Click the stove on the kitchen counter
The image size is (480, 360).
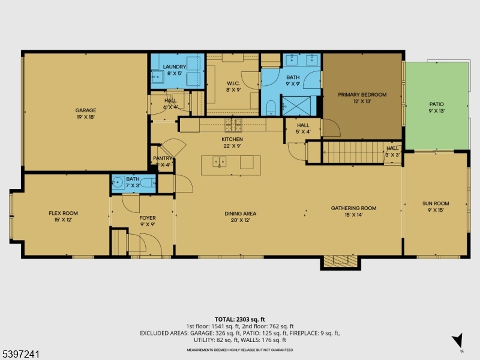coord(232,125)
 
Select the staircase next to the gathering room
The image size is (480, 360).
coord(352,152)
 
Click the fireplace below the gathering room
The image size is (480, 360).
coord(340,262)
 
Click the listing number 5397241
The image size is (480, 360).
coord(20,354)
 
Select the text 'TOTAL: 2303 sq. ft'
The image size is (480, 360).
coord(240,319)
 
